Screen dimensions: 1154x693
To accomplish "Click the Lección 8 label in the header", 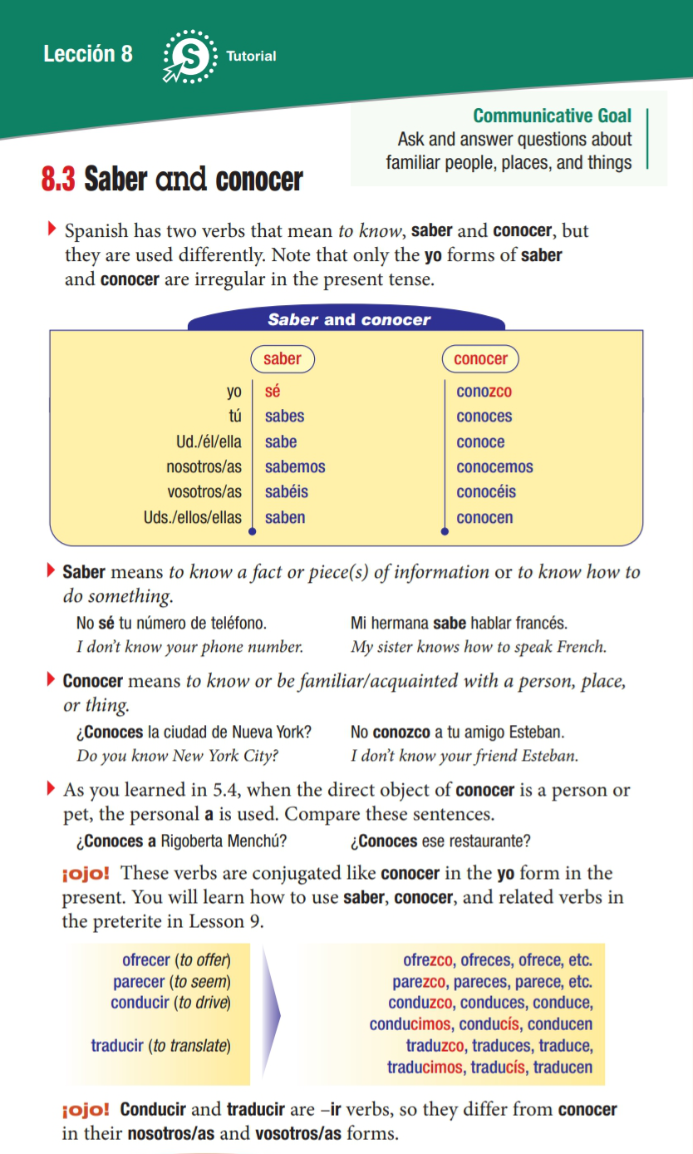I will [x=87, y=54].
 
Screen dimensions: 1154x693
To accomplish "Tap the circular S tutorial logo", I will [x=191, y=57].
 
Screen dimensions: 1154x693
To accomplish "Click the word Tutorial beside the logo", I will [x=251, y=57].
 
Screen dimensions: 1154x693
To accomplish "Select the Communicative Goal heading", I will [x=552, y=116].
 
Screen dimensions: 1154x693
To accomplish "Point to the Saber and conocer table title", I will [x=349, y=320].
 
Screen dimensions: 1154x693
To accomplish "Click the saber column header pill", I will [x=283, y=359].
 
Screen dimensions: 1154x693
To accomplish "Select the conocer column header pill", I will [x=480, y=359].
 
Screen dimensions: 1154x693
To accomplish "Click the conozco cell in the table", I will [x=484, y=392].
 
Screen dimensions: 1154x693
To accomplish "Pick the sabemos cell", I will [x=295, y=467].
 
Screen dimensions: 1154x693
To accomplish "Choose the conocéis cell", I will [x=485, y=492].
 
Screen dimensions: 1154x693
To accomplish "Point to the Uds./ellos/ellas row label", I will [x=192, y=518].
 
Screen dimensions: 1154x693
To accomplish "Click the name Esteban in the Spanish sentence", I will [x=539, y=732].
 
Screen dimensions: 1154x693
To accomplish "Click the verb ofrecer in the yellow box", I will [x=146, y=960].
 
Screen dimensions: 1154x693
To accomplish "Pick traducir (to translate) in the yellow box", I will [x=160, y=1045].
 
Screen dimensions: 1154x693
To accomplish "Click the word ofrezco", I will [x=428, y=960].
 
